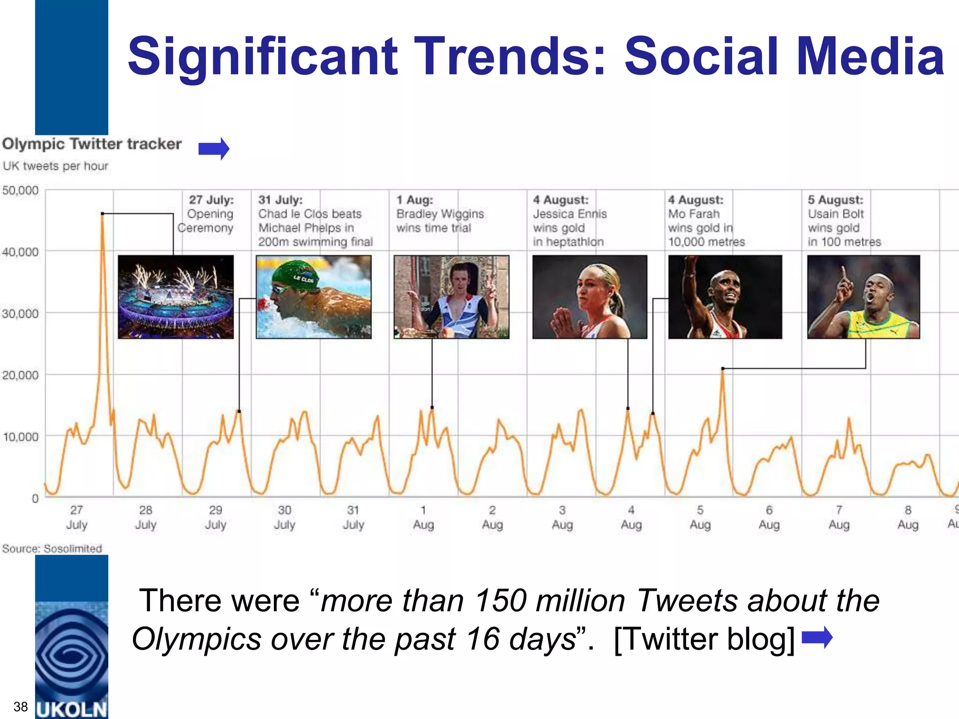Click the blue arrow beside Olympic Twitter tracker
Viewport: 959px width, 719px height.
pos(214,149)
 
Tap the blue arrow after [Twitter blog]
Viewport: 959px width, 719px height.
pos(817,638)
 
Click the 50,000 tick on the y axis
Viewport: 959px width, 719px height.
pos(20,191)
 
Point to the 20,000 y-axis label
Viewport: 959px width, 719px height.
pos(20,375)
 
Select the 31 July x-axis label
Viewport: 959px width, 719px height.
pos(353,517)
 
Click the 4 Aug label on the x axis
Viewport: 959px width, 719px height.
pos(631,517)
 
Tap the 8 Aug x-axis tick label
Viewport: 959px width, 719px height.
pos(907,517)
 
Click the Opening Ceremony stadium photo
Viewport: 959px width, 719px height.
pos(176,297)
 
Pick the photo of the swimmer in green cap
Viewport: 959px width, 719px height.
pos(314,297)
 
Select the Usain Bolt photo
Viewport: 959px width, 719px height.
pos(863,297)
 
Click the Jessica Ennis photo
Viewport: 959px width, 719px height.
pos(590,297)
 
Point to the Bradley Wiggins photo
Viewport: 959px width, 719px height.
pos(451,297)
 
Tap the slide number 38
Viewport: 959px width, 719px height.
pos(21,706)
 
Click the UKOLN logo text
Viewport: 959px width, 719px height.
pos(72,709)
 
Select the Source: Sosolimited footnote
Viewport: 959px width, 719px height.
pos(52,548)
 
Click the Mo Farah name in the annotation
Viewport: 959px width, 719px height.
pos(693,214)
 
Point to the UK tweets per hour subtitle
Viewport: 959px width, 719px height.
pos(55,166)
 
